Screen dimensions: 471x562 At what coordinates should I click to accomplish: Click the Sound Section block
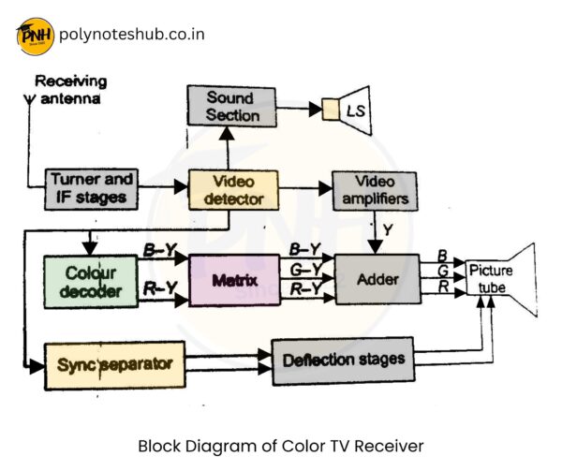(231, 106)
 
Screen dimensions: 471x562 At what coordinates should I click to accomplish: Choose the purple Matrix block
(235, 280)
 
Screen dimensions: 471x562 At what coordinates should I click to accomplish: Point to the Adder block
(377, 279)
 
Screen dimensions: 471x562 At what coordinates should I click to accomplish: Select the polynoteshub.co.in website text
(131, 35)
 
